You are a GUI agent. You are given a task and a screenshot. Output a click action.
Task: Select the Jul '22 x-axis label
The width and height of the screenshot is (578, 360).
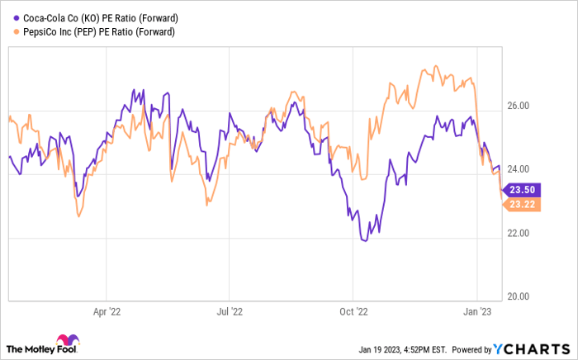(229, 313)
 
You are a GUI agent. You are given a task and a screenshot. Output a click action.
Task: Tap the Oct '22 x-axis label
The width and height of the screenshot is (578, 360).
(353, 313)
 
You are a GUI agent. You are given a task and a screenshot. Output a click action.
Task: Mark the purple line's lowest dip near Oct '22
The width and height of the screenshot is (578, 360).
(364, 240)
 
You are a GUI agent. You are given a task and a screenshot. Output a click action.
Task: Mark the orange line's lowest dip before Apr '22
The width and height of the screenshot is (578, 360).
(78, 216)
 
